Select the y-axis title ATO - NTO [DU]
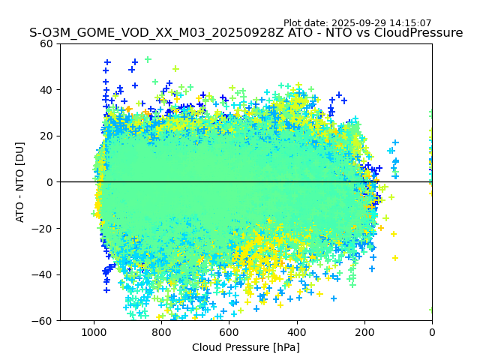coord(21,182)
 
